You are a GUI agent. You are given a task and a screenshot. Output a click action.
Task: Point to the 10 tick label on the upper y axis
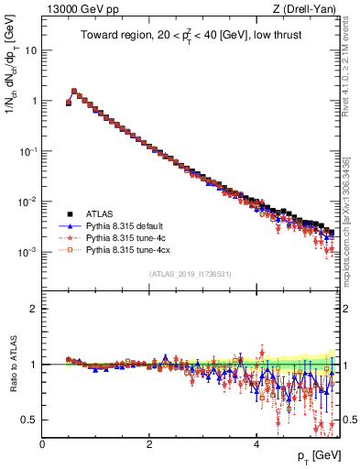(30, 50)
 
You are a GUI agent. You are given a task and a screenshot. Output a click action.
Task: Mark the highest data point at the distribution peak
(74, 91)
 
